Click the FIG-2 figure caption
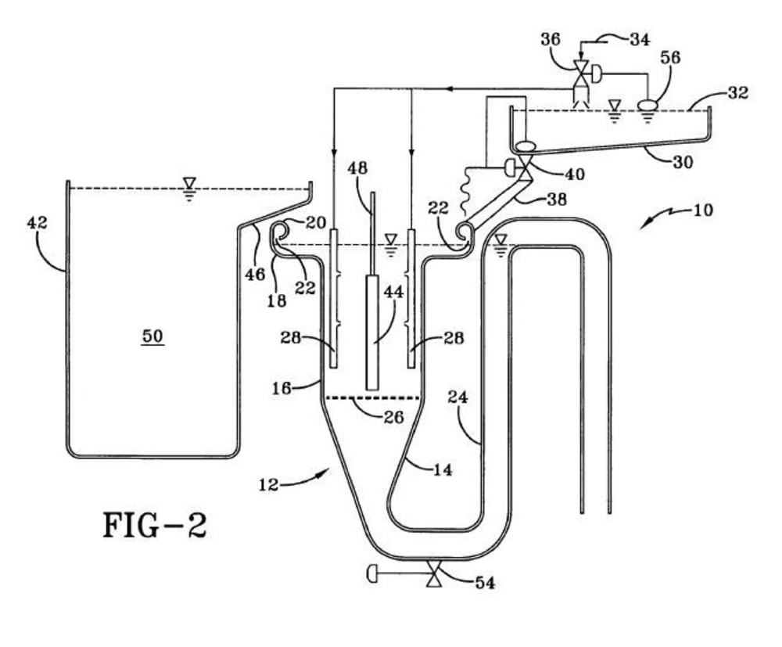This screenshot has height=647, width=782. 155,525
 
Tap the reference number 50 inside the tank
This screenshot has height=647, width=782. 152,336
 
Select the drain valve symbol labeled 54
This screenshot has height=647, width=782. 434,573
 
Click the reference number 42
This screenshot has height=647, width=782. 37,222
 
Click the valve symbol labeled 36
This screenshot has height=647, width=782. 581,74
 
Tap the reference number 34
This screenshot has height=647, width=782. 640,39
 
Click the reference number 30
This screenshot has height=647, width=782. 683,162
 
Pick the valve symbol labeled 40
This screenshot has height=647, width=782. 524,167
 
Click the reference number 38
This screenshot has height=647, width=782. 557,199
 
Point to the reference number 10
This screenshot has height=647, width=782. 703,210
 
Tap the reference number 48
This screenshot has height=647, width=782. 357,167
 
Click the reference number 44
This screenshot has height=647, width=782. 393,292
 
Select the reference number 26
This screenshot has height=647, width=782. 393,416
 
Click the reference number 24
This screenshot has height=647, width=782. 457,397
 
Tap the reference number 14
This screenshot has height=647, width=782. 443,469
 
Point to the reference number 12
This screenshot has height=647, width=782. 268,484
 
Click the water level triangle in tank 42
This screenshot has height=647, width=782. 189,183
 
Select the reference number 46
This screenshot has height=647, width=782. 255,274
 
